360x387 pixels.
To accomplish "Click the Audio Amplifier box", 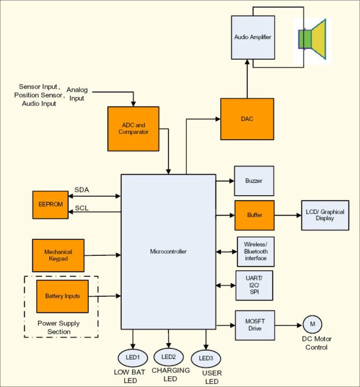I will tap(253, 37).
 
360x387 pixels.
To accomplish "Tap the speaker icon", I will tap(312, 39).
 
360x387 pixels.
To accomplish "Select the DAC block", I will tap(247, 119).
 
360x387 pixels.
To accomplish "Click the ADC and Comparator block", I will tap(133, 129).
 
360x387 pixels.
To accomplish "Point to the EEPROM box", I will tap(51, 204).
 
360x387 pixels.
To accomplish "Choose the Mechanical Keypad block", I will tap(58, 255).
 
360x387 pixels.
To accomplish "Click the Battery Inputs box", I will tap(62, 296).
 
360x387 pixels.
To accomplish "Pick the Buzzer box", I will tap(255, 181).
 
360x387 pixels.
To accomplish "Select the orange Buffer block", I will tap(255, 216).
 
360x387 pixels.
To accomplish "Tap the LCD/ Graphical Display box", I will tap(325, 215).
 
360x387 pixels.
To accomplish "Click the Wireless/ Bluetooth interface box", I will tap(255, 252).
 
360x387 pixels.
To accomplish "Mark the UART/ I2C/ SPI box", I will tap(255, 285).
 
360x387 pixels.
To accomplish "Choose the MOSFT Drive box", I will tap(255, 325).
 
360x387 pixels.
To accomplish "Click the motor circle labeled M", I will tap(312, 325).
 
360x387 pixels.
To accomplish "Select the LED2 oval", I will tap(168, 356).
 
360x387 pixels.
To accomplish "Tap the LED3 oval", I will tap(206, 359).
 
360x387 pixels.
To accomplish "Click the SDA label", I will tap(82, 190).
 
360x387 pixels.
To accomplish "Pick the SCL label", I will tap(82, 208).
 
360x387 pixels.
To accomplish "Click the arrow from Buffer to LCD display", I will tap(288, 216).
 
